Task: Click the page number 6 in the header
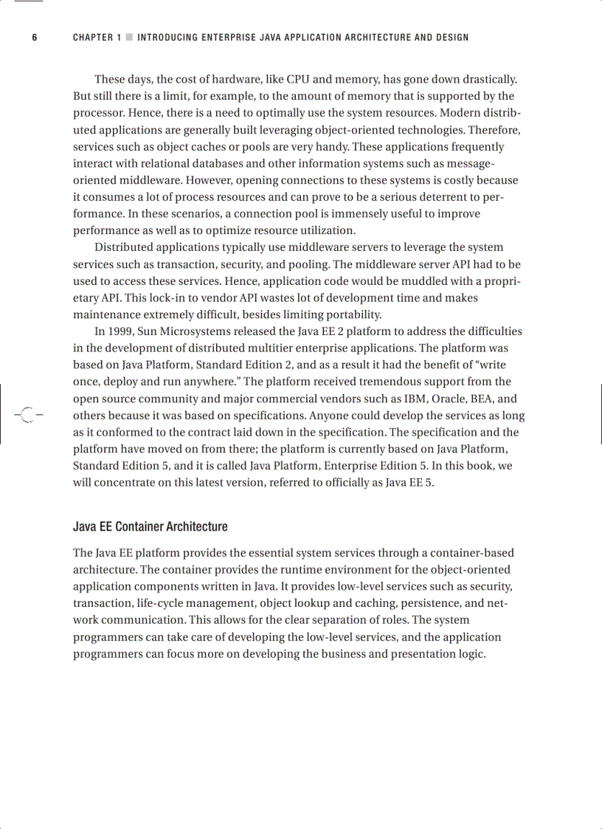pyautogui.click(x=34, y=38)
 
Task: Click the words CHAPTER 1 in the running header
pyautogui.click(x=97, y=38)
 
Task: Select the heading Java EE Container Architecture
pyautogui.click(x=150, y=526)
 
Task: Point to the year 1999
pyautogui.click(x=118, y=331)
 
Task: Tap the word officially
pyautogui.click(x=330, y=482)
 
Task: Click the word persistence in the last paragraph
pyautogui.click(x=429, y=603)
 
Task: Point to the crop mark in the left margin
pyautogui.click(x=27, y=415)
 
